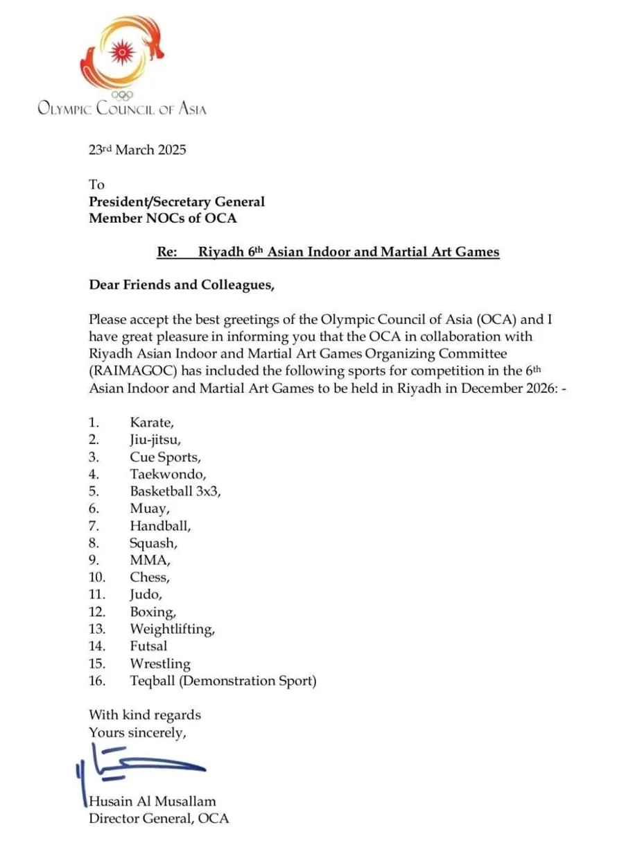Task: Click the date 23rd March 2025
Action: tap(137, 149)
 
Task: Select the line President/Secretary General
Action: tap(177, 202)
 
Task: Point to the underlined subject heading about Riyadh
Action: tap(328, 252)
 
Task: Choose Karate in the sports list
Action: tap(147, 422)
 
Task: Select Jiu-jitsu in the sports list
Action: tap(155, 439)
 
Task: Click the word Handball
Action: tap(159, 525)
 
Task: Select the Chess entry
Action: tap(149, 577)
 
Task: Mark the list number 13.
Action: tap(97, 629)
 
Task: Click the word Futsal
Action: tap(148, 646)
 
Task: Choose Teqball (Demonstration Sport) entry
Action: tap(223, 681)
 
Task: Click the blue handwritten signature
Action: tap(139, 766)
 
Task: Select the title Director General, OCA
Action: tap(158, 818)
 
